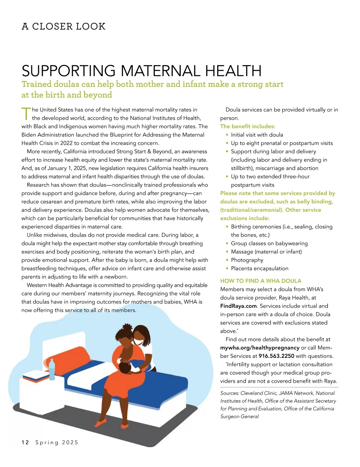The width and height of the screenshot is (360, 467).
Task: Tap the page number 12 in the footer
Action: coord(25,442)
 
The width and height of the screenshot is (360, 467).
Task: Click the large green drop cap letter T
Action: coord(26,113)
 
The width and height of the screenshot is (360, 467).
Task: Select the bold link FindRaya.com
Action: coord(238,306)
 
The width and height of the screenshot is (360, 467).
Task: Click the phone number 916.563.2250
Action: coord(276,356)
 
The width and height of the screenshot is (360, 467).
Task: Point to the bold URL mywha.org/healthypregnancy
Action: coord(260,348)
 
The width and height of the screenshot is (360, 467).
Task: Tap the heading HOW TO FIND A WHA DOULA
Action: coord(261,281)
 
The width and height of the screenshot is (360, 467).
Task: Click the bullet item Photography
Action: coord(247,260)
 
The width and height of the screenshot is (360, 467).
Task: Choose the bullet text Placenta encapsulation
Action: coord(259,269)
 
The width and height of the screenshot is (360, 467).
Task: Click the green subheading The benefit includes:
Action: coord(247,126)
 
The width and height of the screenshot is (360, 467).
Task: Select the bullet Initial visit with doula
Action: coord(257,135)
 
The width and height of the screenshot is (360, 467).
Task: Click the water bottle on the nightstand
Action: coord(52,369)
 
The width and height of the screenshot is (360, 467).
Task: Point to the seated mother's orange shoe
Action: coord(101,423)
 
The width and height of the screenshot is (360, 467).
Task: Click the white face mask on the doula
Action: coord(138,341)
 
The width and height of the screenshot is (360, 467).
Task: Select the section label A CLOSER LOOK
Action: coord(64,26)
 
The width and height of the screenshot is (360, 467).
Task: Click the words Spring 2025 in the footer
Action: coord(57,442)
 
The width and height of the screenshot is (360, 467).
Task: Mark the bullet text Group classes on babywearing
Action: coord(269,243)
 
